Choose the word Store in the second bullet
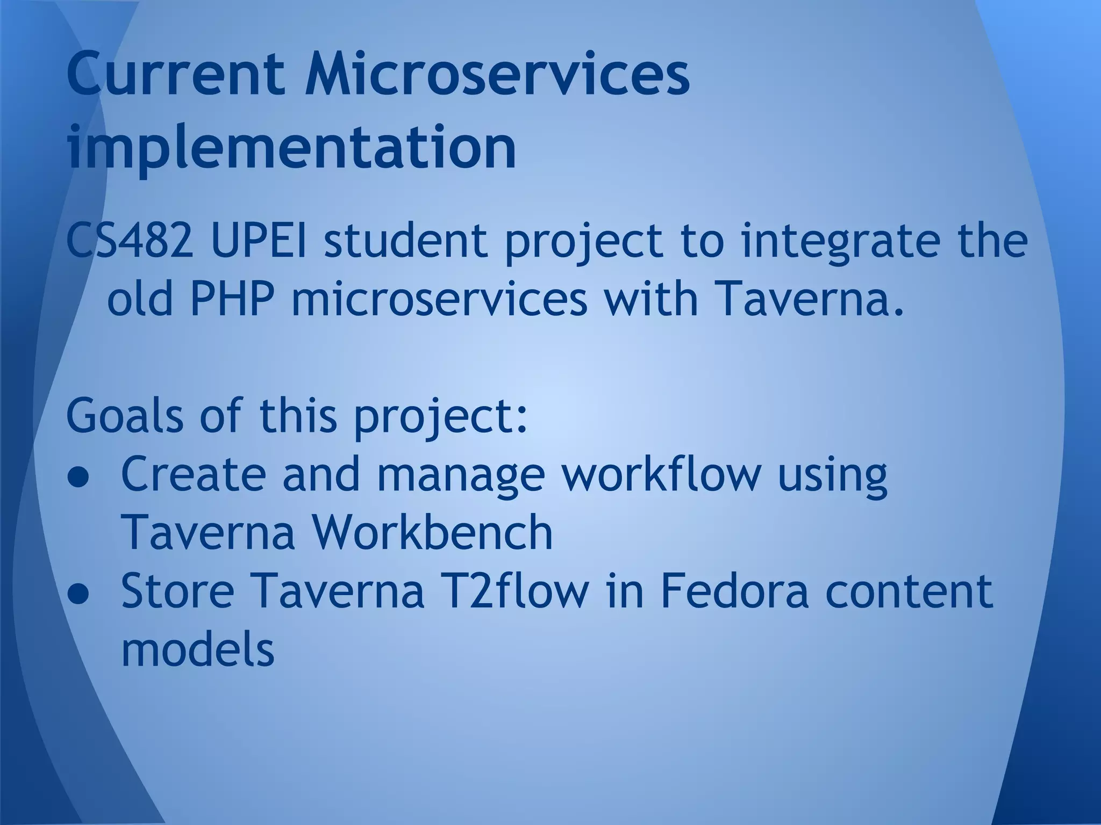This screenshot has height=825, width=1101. (178, 591)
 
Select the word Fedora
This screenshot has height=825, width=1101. (734, 591)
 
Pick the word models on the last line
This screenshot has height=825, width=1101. (198, 649)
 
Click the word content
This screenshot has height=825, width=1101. (909, 591)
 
